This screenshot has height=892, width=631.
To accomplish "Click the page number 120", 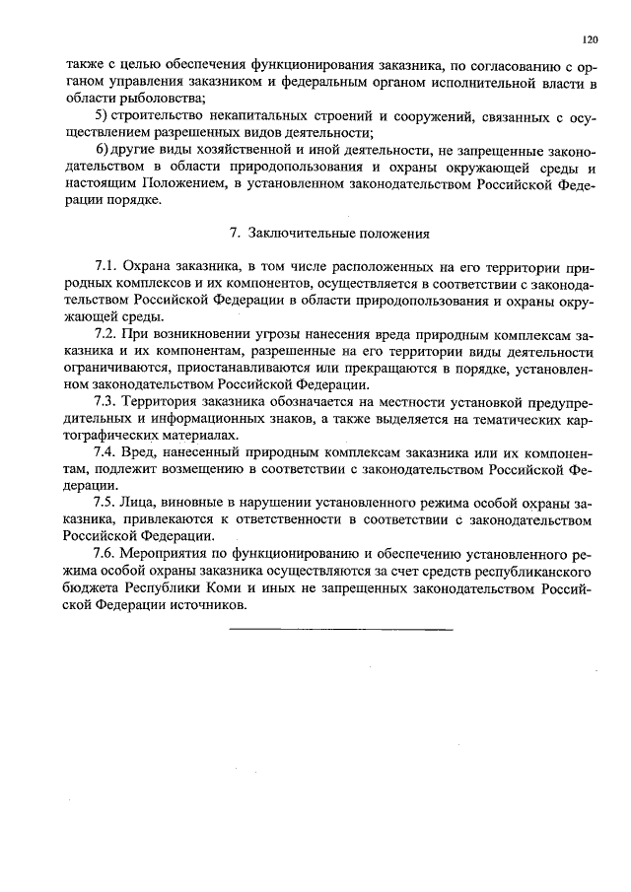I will click(x=590, y=40).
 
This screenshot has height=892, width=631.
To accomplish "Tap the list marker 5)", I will click(x=101, y=117).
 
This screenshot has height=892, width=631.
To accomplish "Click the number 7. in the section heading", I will click(x=235, y=234).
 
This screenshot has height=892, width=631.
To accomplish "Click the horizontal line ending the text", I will click(x=340, y=628).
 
